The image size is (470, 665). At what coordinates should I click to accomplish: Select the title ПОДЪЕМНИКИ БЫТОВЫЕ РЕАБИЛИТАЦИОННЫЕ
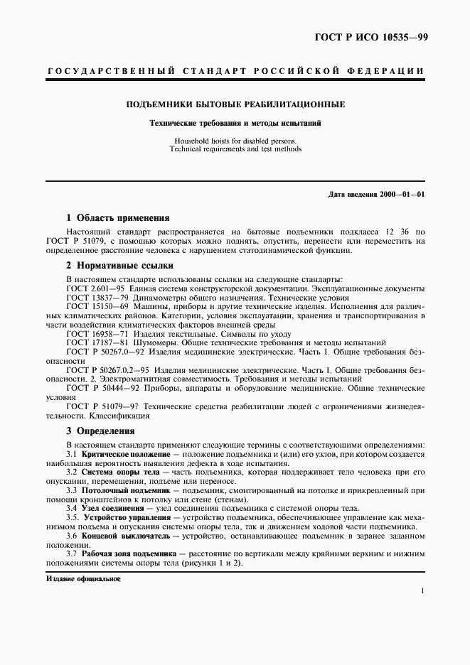click(x=235, y=104)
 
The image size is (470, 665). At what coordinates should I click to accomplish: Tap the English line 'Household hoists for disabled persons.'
click(x=235, y=140)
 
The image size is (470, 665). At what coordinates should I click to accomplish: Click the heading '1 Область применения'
click(x=117, y=218)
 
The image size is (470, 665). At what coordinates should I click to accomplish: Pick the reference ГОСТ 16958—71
click(x=92, y=332)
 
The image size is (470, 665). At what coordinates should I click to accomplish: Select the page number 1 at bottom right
click(x=422, y=591)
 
